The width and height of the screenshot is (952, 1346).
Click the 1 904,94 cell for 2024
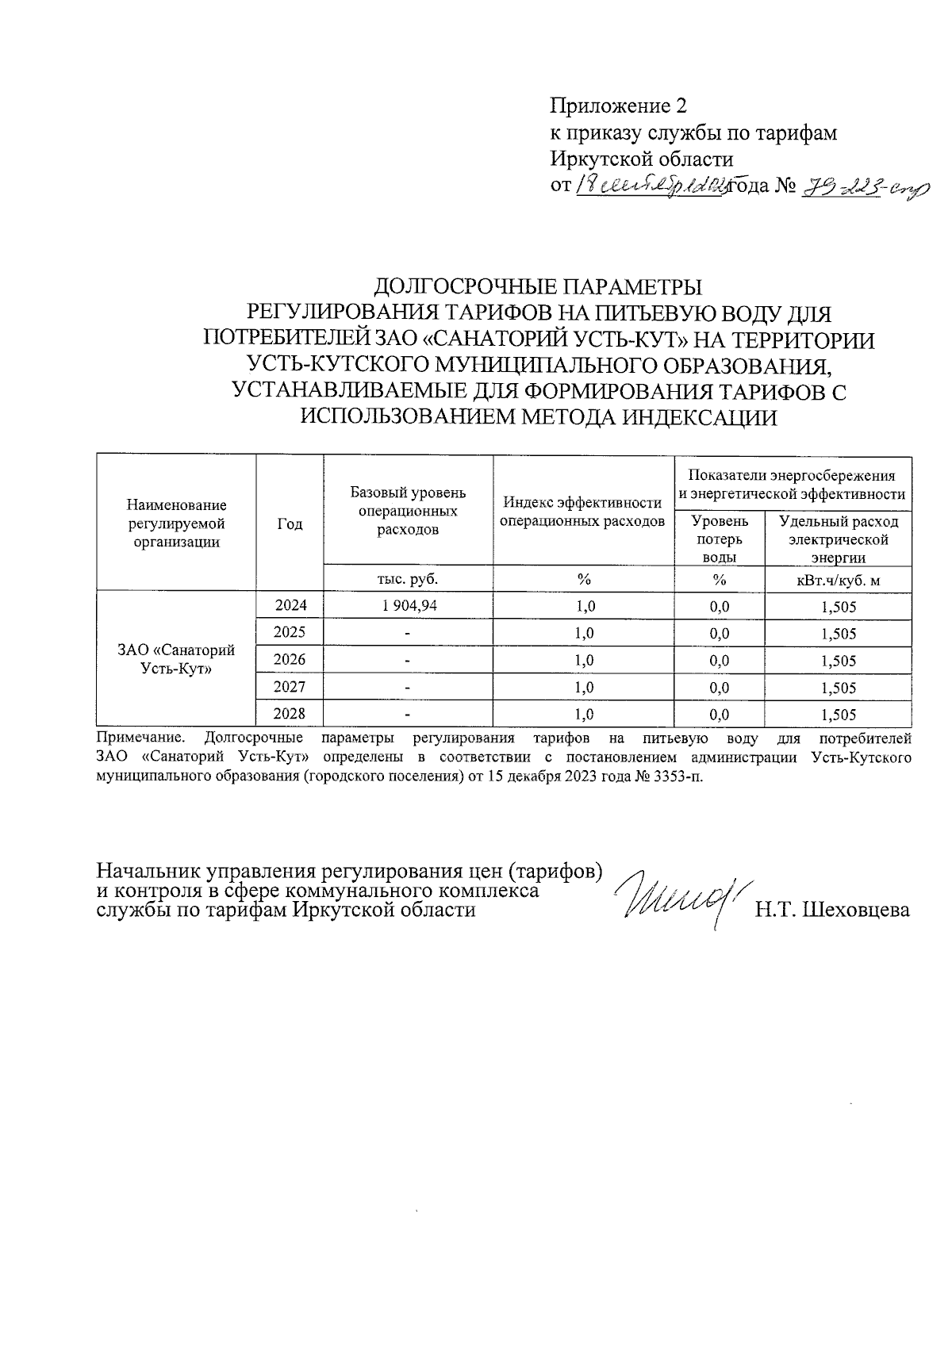coord(408,607)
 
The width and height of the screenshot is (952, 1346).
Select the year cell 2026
coord(290,660)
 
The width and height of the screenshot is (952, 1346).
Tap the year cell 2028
coord(290,714)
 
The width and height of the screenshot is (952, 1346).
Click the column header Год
coord(290,523)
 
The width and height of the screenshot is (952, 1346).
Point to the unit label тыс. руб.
coord(408,579)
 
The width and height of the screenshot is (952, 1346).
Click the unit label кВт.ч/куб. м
coord(838,580)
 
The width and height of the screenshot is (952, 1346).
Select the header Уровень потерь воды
coord(720,539)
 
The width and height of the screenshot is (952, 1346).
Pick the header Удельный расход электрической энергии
coord(838,539)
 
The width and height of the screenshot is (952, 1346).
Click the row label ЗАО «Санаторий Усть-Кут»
coord(176,659)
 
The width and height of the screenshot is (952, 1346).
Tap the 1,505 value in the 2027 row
coord(839,688)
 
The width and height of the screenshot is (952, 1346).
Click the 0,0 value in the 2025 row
coord(720,634)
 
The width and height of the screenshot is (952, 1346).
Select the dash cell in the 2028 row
coord(408,715)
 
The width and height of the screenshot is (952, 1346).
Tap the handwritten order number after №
coord(865,187)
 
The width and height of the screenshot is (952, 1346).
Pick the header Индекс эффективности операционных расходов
coord(583,512)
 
